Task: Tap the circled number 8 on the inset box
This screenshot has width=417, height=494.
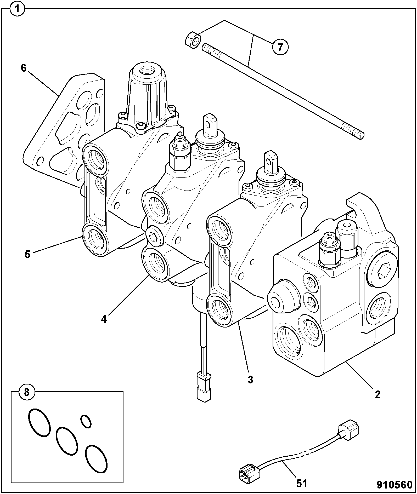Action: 27,392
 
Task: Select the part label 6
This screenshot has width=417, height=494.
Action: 24,68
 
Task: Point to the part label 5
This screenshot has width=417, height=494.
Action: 27,254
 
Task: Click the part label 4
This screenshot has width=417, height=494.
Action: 104,319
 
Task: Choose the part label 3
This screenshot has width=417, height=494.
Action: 250,380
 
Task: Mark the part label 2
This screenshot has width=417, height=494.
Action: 377,394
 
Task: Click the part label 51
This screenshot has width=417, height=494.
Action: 302,484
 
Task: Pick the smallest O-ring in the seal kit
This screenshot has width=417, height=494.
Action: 86,422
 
